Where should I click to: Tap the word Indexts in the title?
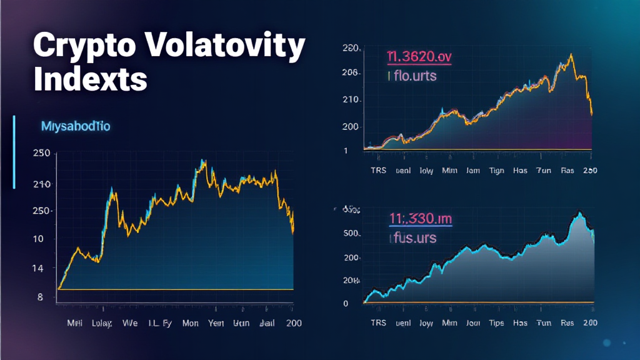[x=91, y=79]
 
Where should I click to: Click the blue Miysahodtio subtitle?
[x=75, y=126]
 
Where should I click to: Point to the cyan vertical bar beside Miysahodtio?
[x=14, y=151]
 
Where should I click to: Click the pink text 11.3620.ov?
[x=419, y=57]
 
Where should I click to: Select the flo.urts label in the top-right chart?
[x=412, y=76]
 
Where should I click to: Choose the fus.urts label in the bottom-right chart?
[x=413, y=238]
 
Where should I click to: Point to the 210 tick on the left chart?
[x=42, y=184]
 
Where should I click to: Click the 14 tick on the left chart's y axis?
[x=38, y=268]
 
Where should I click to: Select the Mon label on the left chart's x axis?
[x=191, y=324]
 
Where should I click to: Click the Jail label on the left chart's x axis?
[x=265, y=324]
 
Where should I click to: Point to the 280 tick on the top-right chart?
[x=350, y=48]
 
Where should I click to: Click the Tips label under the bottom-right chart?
[x=497, y=322]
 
